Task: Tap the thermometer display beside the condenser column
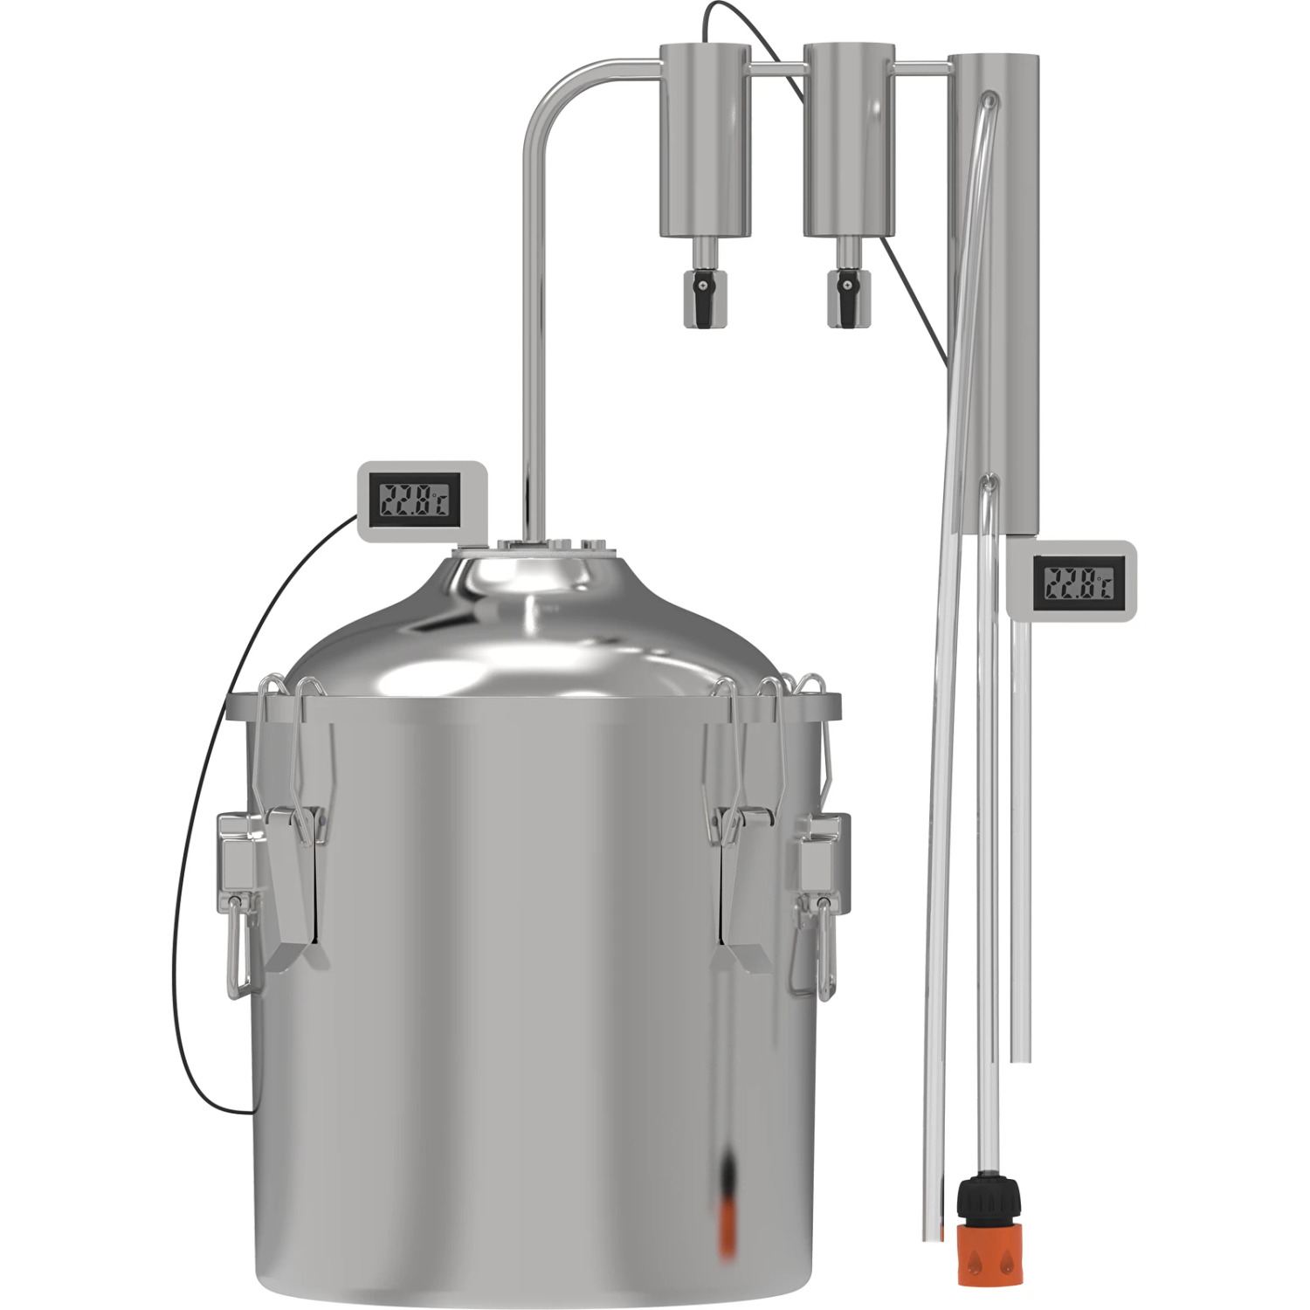tap(1072, 582)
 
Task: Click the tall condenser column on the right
tap(994, 293)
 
